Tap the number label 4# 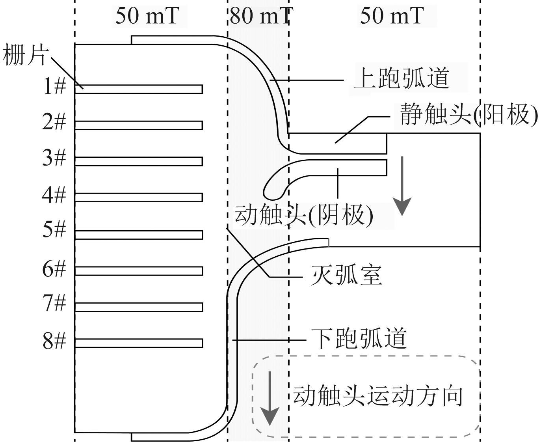(x=54, y=195)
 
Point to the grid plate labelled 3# (x=139, y=161)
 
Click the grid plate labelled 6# (x=139, y=271)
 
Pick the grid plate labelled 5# (x=139, y=235)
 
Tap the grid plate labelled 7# (x=139, y=307)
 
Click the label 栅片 (x=24, y=55)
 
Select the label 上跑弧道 (x=402, y=78)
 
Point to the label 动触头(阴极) (x=303, y=215)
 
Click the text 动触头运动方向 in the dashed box (x=378, y=396)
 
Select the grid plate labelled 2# (x=139, y=125)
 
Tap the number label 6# (x=54, y=269)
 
